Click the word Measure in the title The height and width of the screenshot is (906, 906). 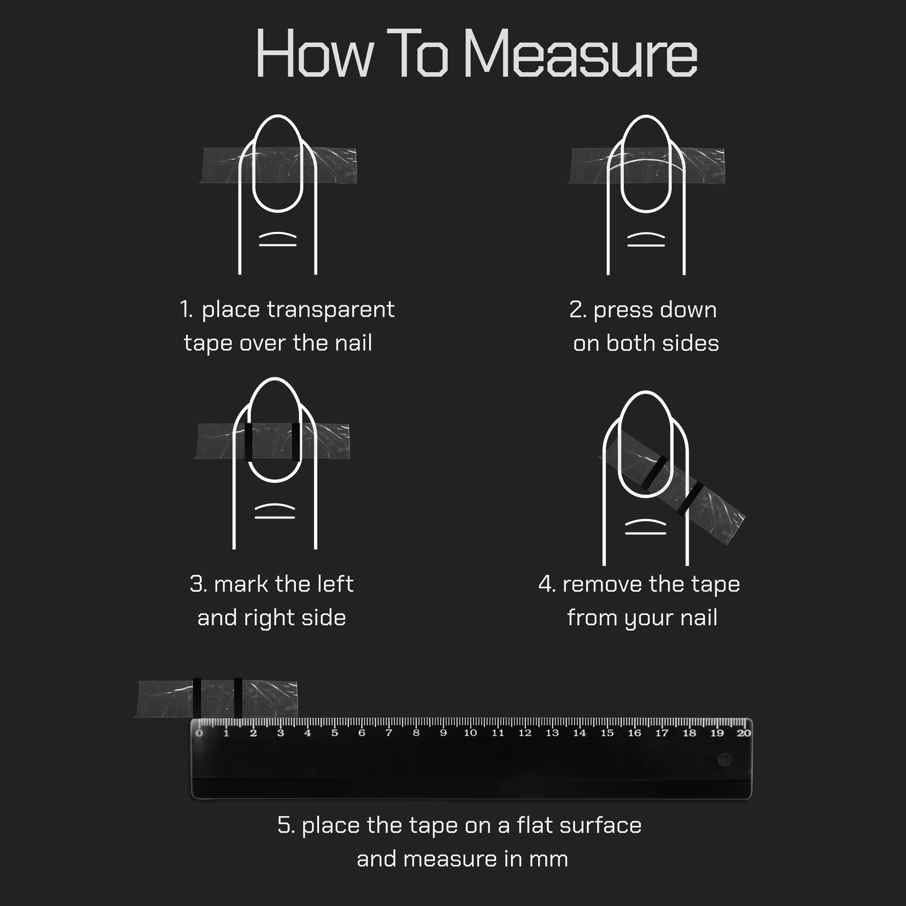(x=581, y=53)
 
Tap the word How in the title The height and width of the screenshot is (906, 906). (x=315, y=53)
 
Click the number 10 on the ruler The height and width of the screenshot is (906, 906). (x=470, y=733)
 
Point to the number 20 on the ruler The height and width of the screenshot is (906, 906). (x=744, y=733)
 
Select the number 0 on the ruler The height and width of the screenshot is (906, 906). (x=199, y=733)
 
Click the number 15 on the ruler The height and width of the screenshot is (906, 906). (x=607, y=733)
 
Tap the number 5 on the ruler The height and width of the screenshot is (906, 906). (x=335, y=733)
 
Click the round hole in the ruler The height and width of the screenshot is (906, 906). (x=724, y=759)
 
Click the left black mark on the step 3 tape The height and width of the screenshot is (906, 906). (x=249, y=442)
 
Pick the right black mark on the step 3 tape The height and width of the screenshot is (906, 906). (x=296, y=442)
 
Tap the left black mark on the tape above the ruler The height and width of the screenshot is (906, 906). (x=197, y=698)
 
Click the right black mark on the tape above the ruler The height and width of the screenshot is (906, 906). (x=238, y=698)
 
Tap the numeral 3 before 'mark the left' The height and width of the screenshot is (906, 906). (x=196, y=584)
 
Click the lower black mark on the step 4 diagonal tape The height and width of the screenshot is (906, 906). (x=690, y=499)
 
